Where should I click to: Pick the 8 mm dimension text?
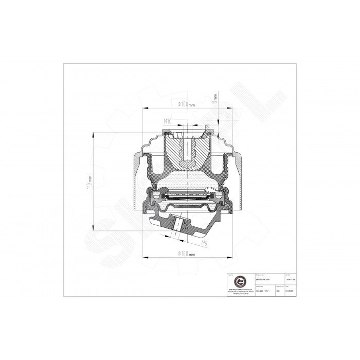point(215,98)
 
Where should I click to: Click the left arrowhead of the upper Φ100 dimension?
point(146,108)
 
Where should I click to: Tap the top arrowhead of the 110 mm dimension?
point(93,134)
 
